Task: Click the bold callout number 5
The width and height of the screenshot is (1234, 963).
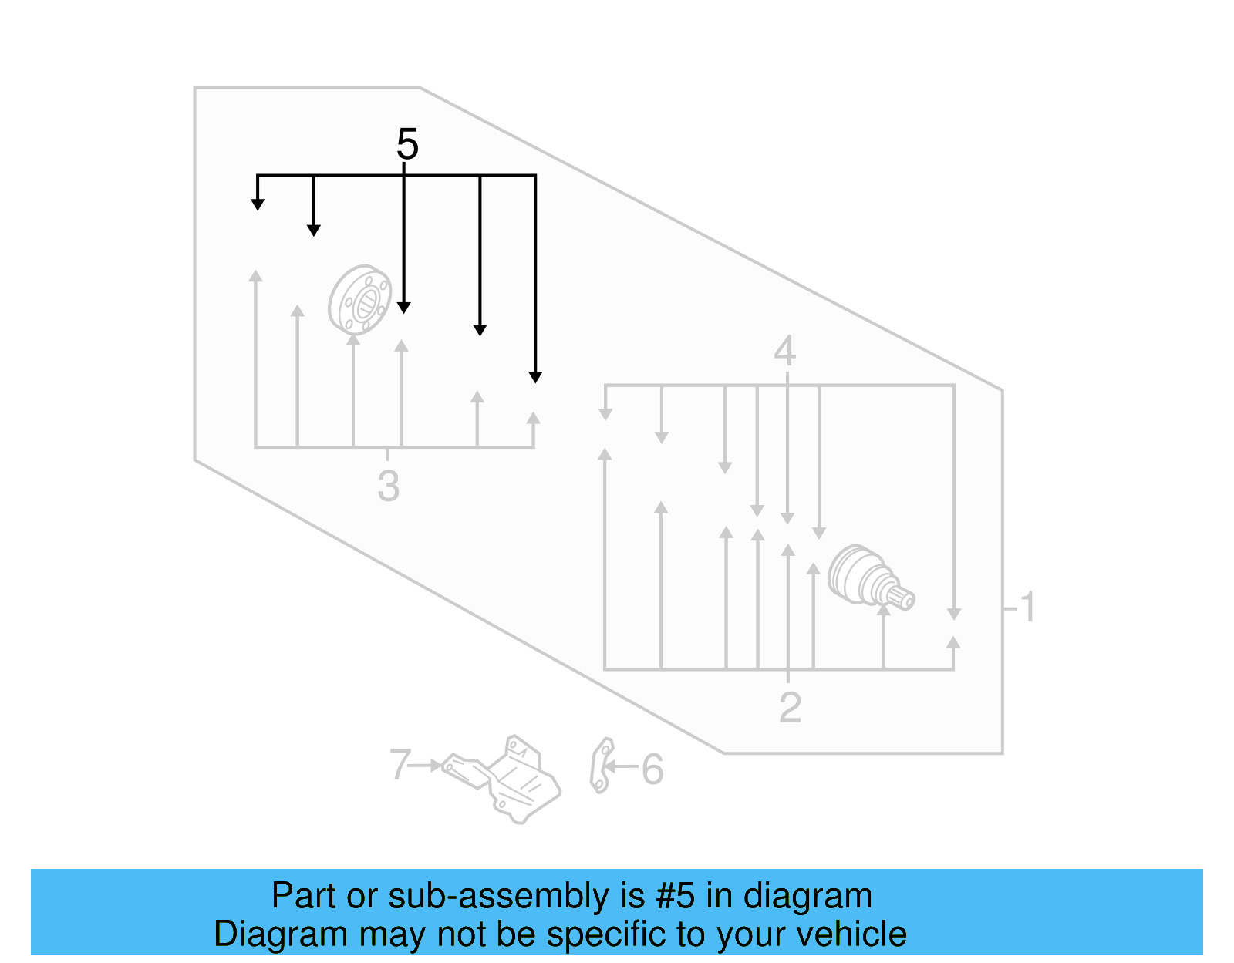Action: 407,144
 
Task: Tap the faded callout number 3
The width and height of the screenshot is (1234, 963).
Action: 388,487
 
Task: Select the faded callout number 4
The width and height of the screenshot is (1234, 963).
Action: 784,352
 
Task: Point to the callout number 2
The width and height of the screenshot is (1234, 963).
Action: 790,708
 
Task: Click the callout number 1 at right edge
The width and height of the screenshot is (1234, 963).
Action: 1027,608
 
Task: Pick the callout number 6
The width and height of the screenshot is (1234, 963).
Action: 652,770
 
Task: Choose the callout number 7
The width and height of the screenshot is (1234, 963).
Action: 400,765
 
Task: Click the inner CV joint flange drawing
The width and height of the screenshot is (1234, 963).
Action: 359,300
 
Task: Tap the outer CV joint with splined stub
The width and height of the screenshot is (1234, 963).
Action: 870,578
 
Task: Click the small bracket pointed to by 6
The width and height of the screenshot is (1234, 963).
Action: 601,765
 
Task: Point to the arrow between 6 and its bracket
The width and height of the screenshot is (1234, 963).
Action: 621,766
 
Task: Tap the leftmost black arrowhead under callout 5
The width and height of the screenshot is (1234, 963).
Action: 258,204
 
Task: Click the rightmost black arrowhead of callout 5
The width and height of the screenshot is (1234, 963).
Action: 535,377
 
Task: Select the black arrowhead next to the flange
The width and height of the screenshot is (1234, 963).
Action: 404,308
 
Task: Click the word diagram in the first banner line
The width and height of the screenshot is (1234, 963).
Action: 807,897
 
